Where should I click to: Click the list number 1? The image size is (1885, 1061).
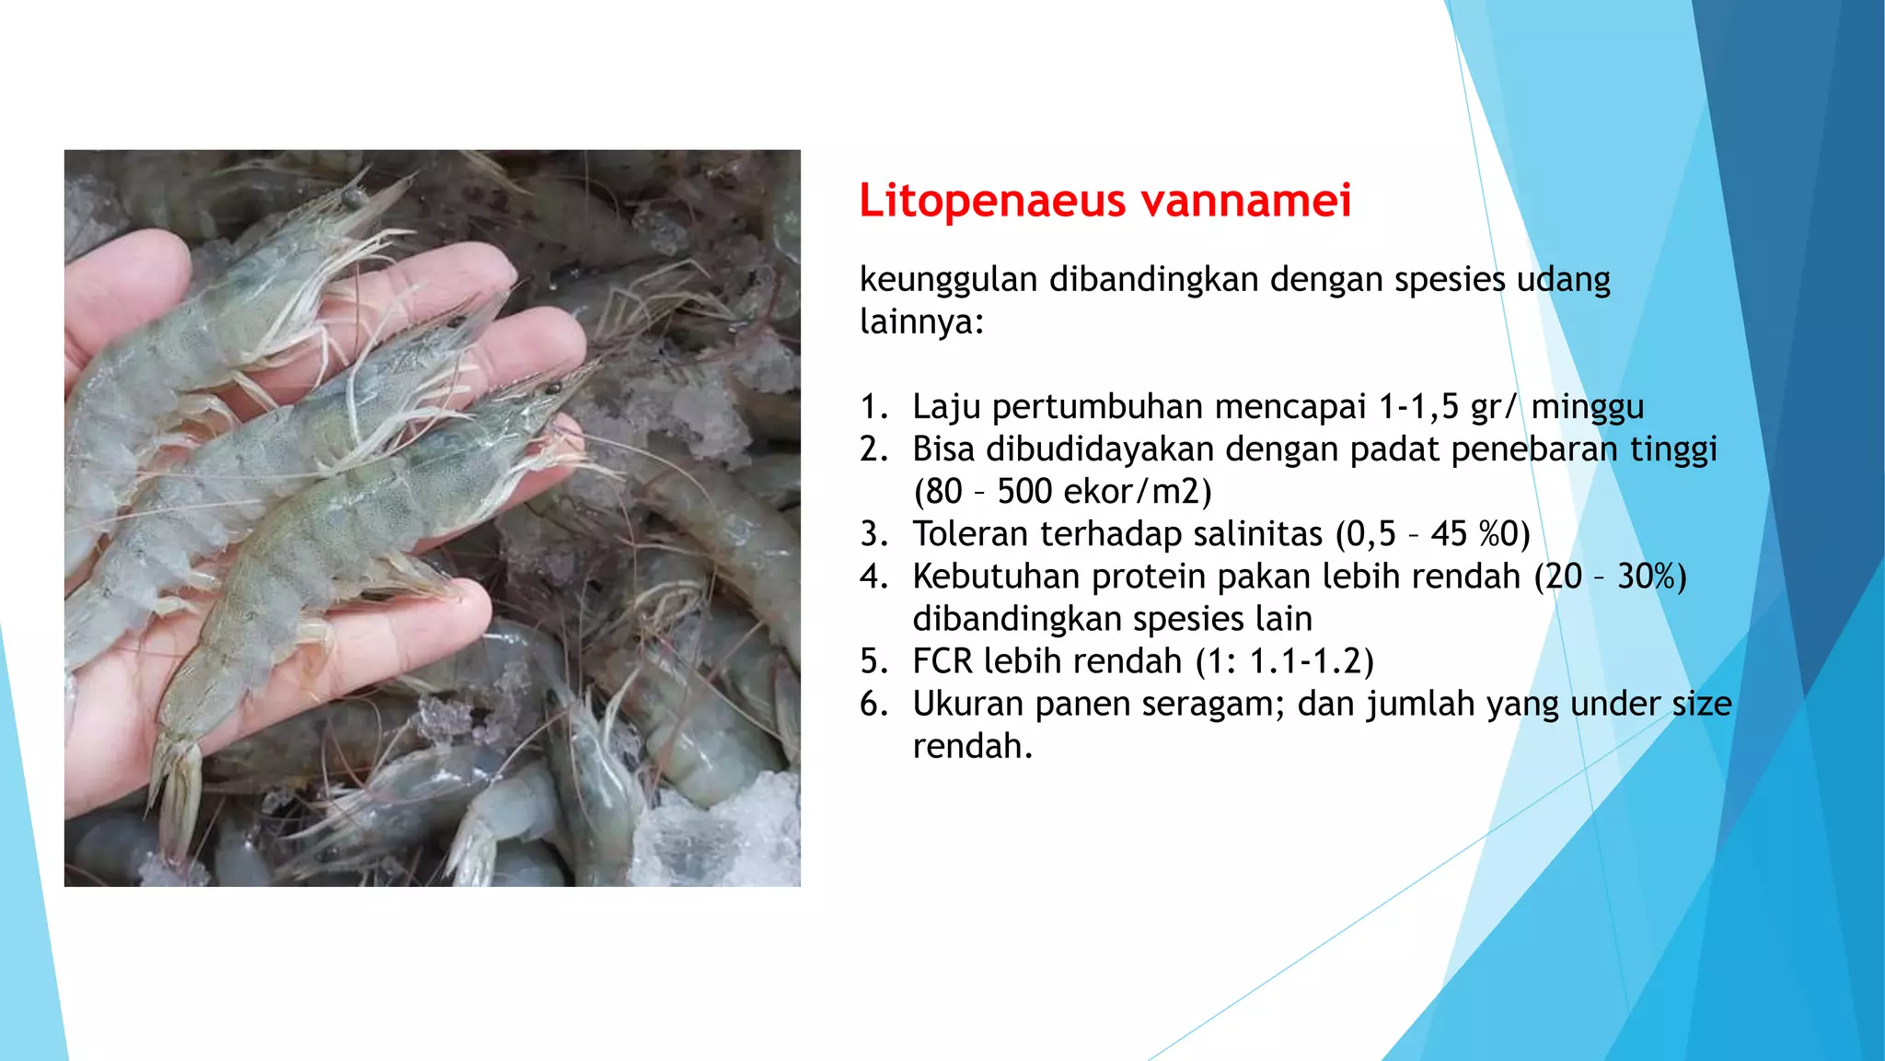[x=873, y=407]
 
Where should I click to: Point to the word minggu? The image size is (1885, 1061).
[x=1588, y=407]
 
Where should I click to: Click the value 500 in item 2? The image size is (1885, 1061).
[x=1024, y=492]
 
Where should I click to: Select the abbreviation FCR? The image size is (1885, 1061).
[x=942, y=661]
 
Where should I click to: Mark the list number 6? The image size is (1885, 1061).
[x=873, y=704]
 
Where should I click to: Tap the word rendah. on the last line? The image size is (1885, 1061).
[x=973, y=746]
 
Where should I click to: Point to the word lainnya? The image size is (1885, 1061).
[x=921, y=322]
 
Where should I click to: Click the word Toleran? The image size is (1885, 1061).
[x=970, y=534]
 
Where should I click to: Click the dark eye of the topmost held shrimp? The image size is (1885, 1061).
[x=352, y=196]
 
